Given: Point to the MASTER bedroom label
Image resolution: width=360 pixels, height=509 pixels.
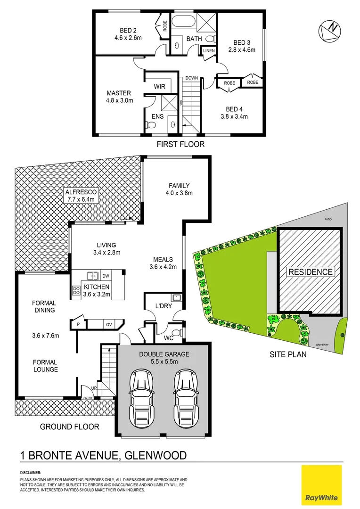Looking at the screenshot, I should pyautogui.click(x=119, y=93).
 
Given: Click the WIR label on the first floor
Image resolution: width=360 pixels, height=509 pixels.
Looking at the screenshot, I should pyautogui.click(x=159, y=86).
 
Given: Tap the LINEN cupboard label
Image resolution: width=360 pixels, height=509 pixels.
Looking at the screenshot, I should pyautogui.click(x=209, y=50).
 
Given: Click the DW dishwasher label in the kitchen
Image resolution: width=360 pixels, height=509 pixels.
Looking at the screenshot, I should pyautogui.click(x=106, y=276).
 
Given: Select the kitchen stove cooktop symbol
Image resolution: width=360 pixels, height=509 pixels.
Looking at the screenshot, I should pyautogui.click(x=75, y=291).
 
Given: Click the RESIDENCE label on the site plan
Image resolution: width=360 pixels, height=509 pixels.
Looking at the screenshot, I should pyautogui.click(x=311, y=271).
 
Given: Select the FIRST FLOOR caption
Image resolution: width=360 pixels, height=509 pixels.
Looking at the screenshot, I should pyautogui.click(x=180, y=144).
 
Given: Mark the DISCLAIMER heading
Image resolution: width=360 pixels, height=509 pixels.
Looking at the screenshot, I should pyautogui.click(x=31, y=472).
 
